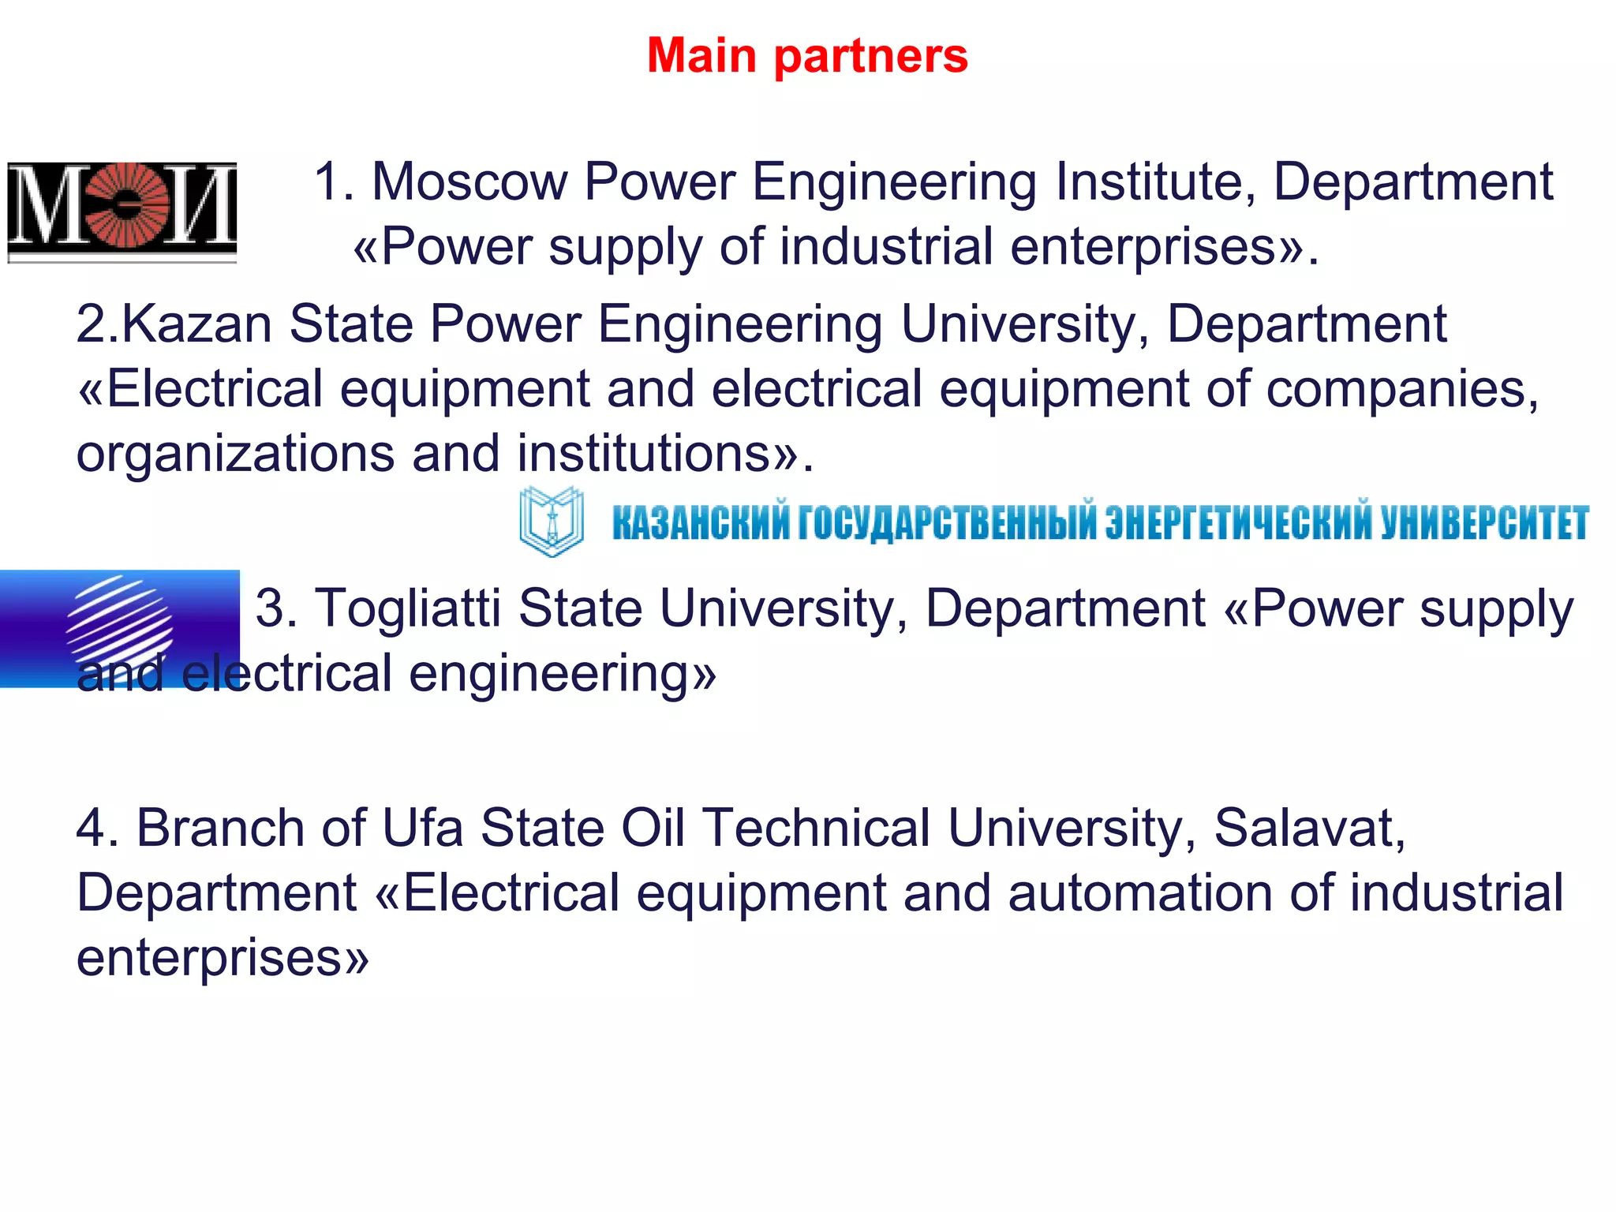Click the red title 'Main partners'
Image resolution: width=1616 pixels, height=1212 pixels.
tap(807, 56)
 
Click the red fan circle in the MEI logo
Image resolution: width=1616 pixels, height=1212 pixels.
tap(129, 204)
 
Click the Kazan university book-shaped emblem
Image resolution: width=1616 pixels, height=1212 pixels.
tap(552, 522)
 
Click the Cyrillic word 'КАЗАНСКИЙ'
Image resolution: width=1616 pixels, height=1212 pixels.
tap(701, 523)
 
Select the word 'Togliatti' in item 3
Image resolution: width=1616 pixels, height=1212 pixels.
tap(408, 609)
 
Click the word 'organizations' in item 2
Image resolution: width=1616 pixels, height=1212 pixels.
tap(235, 455)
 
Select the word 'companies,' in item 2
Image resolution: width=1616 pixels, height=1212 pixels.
tap(1402, 391)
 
